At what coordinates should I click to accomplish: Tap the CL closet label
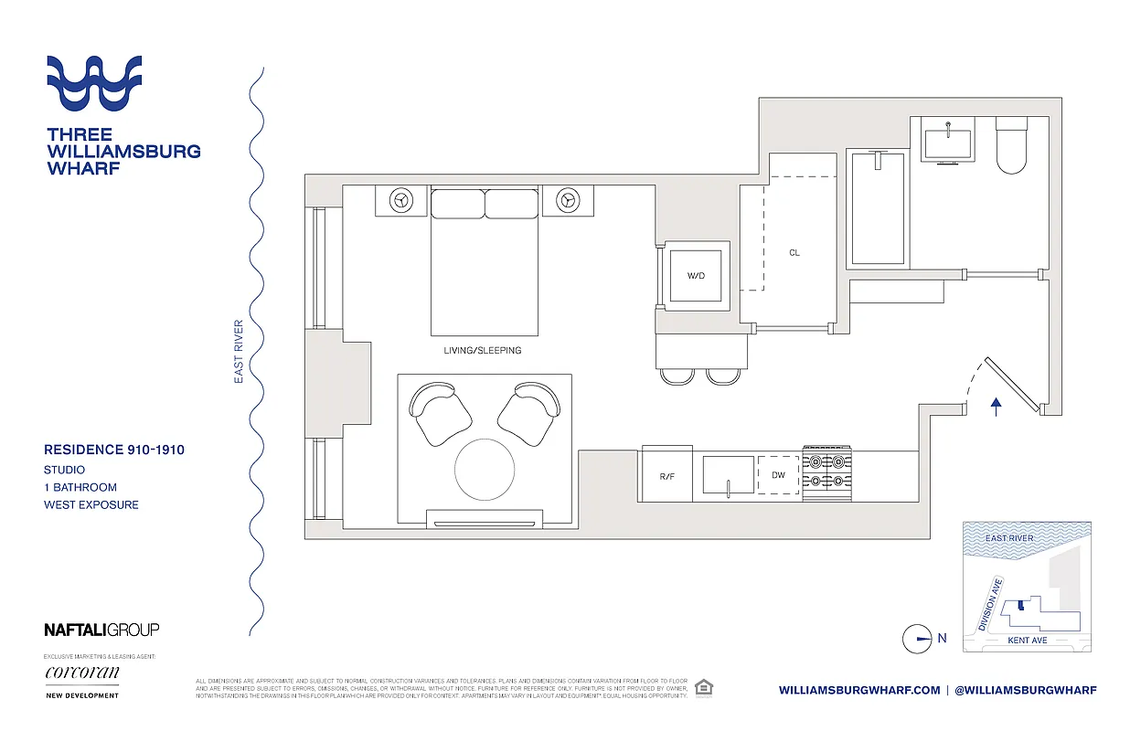click(794, 253)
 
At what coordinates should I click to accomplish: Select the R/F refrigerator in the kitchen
click(666, 475)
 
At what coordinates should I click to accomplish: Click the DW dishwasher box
click(778, 475)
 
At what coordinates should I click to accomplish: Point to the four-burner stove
click(826, 472)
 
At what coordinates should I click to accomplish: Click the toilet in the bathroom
click(1013, 146)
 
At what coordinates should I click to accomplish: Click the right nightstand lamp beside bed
click(568, 199)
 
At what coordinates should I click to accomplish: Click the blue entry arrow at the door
click(997, 406)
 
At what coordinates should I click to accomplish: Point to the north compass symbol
click(917, 639)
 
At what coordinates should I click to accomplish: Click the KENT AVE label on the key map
click(1027, 641)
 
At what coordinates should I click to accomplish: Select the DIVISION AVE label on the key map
click(991, 604)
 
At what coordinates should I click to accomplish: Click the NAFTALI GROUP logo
click(101, 630)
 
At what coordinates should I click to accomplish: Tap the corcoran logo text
click(82, 673)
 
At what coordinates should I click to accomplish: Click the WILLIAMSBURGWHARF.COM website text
click(858, 690)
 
